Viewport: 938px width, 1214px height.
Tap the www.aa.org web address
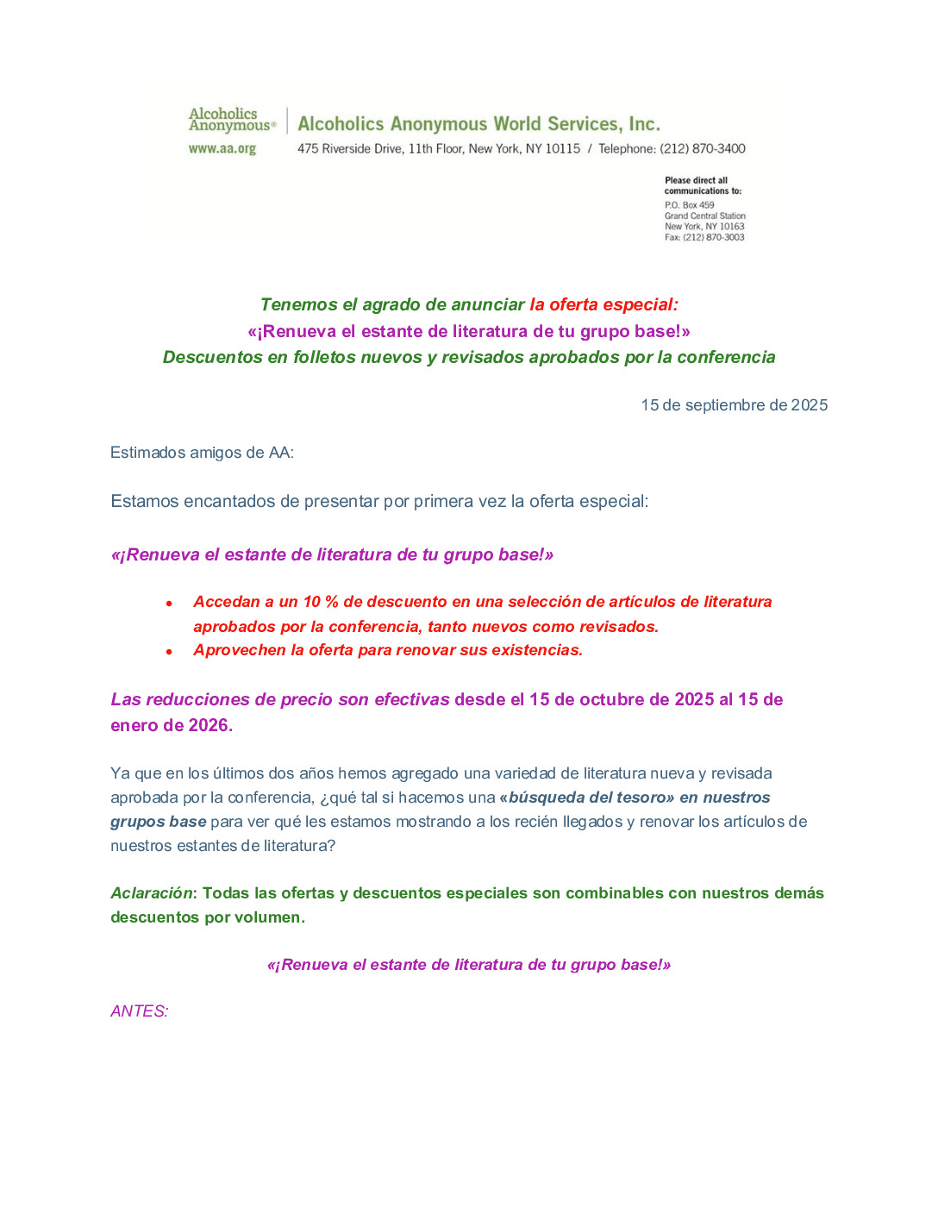[x=222, y=148]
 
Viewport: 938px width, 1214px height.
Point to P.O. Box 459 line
[x=689, y=205]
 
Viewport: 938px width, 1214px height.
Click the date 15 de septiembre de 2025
[x=734, y=405]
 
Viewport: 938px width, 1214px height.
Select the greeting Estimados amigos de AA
[x=202, y=453]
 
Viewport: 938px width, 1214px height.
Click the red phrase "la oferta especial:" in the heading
[x=603, y=304]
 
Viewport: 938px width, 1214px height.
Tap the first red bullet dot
[x=169, y=604]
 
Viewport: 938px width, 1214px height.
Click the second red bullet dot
[x=169, y=652]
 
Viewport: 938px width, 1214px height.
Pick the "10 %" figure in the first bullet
[x=320, y=602]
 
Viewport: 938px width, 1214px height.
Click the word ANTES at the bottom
[x=139, y=1011]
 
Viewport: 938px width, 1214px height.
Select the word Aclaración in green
[x=152, y=893]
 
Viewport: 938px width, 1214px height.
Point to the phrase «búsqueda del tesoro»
[x=587, y=798]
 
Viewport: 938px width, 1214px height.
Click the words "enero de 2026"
[x=171, y=725]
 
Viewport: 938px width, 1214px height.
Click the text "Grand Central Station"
[x=704, y=216]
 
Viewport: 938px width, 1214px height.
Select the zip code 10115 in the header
[x=562, y=148]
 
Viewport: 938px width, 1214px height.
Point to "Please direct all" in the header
[x=696, y=181]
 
